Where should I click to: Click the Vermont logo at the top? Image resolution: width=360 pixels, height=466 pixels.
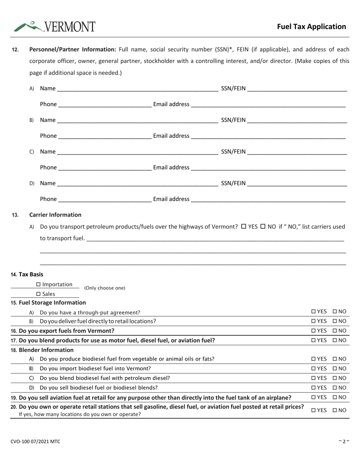(x=55, y=26)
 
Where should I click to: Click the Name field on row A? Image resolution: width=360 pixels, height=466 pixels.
(x=137, y=89)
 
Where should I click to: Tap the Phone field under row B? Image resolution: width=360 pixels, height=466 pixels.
(x=105, y=136)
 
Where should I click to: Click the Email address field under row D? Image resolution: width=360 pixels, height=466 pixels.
(x=268, y=199)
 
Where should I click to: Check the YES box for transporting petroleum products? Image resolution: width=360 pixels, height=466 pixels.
(x=244, y=227)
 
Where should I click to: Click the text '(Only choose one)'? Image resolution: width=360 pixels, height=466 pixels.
(x=105, y=288)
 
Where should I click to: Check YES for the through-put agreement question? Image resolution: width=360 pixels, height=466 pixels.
(x=314, y=312)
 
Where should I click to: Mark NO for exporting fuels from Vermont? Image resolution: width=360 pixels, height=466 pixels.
(x=335, y=330)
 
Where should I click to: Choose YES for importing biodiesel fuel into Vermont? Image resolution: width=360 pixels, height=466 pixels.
(x=314, y=368)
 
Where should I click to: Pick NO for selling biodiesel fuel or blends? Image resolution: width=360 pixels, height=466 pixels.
(x=335, y=387)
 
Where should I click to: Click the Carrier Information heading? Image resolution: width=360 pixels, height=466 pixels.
(x=55, y=215)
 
